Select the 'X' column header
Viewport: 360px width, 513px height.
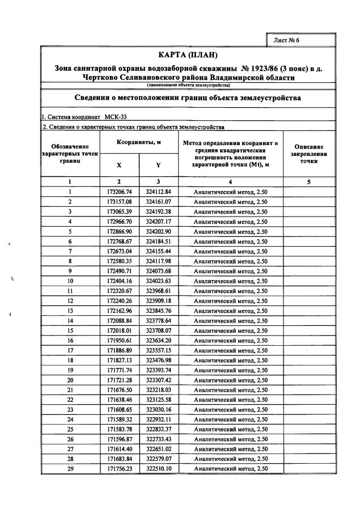coord(119,165)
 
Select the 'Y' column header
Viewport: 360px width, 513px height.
coord(158,165)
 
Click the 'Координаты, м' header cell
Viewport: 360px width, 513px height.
coord(139,142)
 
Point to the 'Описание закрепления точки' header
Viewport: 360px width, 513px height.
coord(308,154)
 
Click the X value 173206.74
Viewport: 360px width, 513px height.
coord(119,192)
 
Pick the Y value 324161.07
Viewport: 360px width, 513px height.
coord(158,202)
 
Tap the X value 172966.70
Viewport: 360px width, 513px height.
coord(119,221)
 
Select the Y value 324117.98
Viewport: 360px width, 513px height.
coord(158,261)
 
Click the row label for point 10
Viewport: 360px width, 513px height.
coord(70,281)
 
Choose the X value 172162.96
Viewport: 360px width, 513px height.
coord(119,311)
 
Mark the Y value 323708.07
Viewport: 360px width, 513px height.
coord(158,330)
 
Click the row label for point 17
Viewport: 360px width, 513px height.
coord(70,350)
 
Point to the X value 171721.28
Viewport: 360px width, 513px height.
coord(119,380)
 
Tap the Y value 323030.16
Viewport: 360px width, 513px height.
coord(158,409)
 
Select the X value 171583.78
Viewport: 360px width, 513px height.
coord(119,429)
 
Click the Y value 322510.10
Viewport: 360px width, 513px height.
coord(158,469)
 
